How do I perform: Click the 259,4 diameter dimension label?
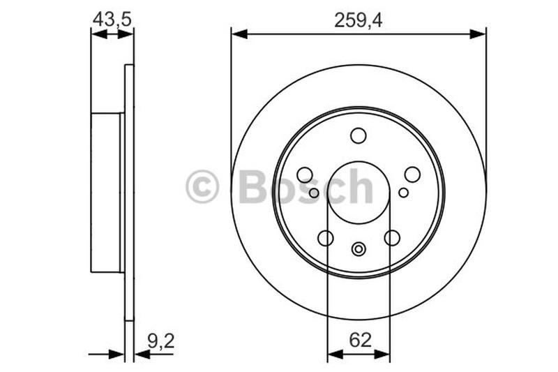[358, 20]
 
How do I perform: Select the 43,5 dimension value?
[111, 20]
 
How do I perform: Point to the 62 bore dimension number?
[359, 340]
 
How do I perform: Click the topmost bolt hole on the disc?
[359, 135]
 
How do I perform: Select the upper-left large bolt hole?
[305, 174]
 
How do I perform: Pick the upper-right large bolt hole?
[412, 174]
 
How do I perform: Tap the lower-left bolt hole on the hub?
[326, 238]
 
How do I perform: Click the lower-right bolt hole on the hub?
[392, 238]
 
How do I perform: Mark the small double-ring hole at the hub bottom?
[359, 248]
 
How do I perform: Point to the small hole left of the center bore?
[314, 193]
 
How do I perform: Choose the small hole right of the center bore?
[403, 193]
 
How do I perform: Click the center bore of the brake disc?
[359, 193]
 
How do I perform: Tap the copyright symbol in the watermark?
[202, 187]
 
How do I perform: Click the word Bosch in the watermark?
[306, 187]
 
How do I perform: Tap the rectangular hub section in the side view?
[106, 193]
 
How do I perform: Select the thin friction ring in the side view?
[129, 193]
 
